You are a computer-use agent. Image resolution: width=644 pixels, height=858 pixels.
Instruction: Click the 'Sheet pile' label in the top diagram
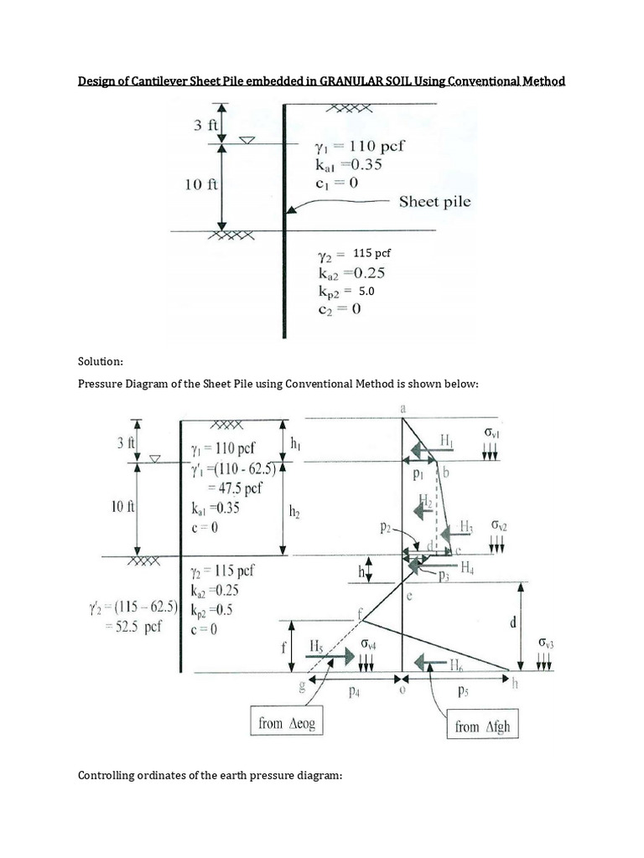click(x=434, y=201)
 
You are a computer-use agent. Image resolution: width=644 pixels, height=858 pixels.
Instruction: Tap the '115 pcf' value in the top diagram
click(x=372, y=252)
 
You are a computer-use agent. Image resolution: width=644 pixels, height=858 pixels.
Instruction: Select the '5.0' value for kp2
click(x=366, y=292)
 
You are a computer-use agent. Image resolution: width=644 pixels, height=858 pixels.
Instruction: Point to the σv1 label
click(x=491, y=432)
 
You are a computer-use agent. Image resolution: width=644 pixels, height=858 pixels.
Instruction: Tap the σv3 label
click(x=548, y=643)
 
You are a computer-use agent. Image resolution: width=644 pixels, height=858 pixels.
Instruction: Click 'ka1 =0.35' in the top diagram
click(x=347, y=164)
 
